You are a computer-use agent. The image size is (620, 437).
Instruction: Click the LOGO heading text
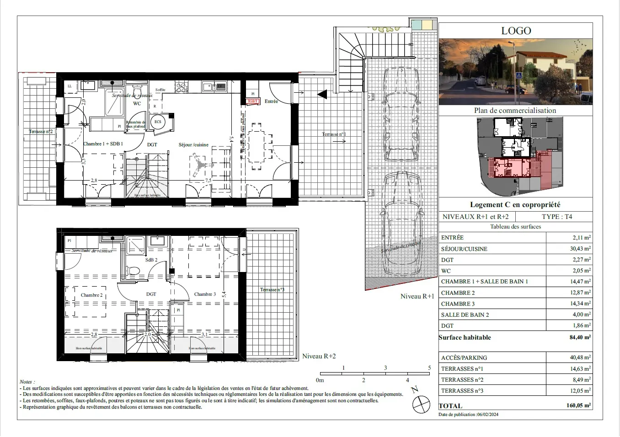[x=516, y=31]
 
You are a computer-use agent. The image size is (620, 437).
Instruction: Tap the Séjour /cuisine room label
[x=193, y=145]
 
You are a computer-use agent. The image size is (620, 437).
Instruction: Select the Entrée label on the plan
[x=271, y=101]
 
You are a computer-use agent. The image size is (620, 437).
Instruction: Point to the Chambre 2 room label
[x=91, y=295]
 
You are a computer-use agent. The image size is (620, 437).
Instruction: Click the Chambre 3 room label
[x=205, y=294]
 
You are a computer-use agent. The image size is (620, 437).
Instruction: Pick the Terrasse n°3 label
[x=272, y=289]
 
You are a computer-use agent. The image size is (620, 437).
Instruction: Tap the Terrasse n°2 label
[x=41, y=132]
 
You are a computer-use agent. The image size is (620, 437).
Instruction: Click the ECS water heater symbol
[x=158, y=122]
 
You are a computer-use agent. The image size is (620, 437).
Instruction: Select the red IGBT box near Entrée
[x=253, y=101]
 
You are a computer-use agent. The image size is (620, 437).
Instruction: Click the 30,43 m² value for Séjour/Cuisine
[x=581, y=249]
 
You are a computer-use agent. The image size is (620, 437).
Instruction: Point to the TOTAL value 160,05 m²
[x=578, y=405]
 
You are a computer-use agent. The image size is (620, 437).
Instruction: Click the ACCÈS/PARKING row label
[x=464, y=358]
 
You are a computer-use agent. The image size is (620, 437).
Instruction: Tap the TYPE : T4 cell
[x=557, y=217]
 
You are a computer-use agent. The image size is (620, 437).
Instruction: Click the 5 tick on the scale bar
[x=429, y=368]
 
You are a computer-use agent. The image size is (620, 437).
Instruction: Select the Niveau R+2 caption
[x=319, y=356]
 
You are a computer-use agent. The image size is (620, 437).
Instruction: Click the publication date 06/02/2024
[x=487, y=415]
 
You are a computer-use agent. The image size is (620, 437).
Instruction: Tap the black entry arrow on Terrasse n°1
[x=323, y=95]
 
